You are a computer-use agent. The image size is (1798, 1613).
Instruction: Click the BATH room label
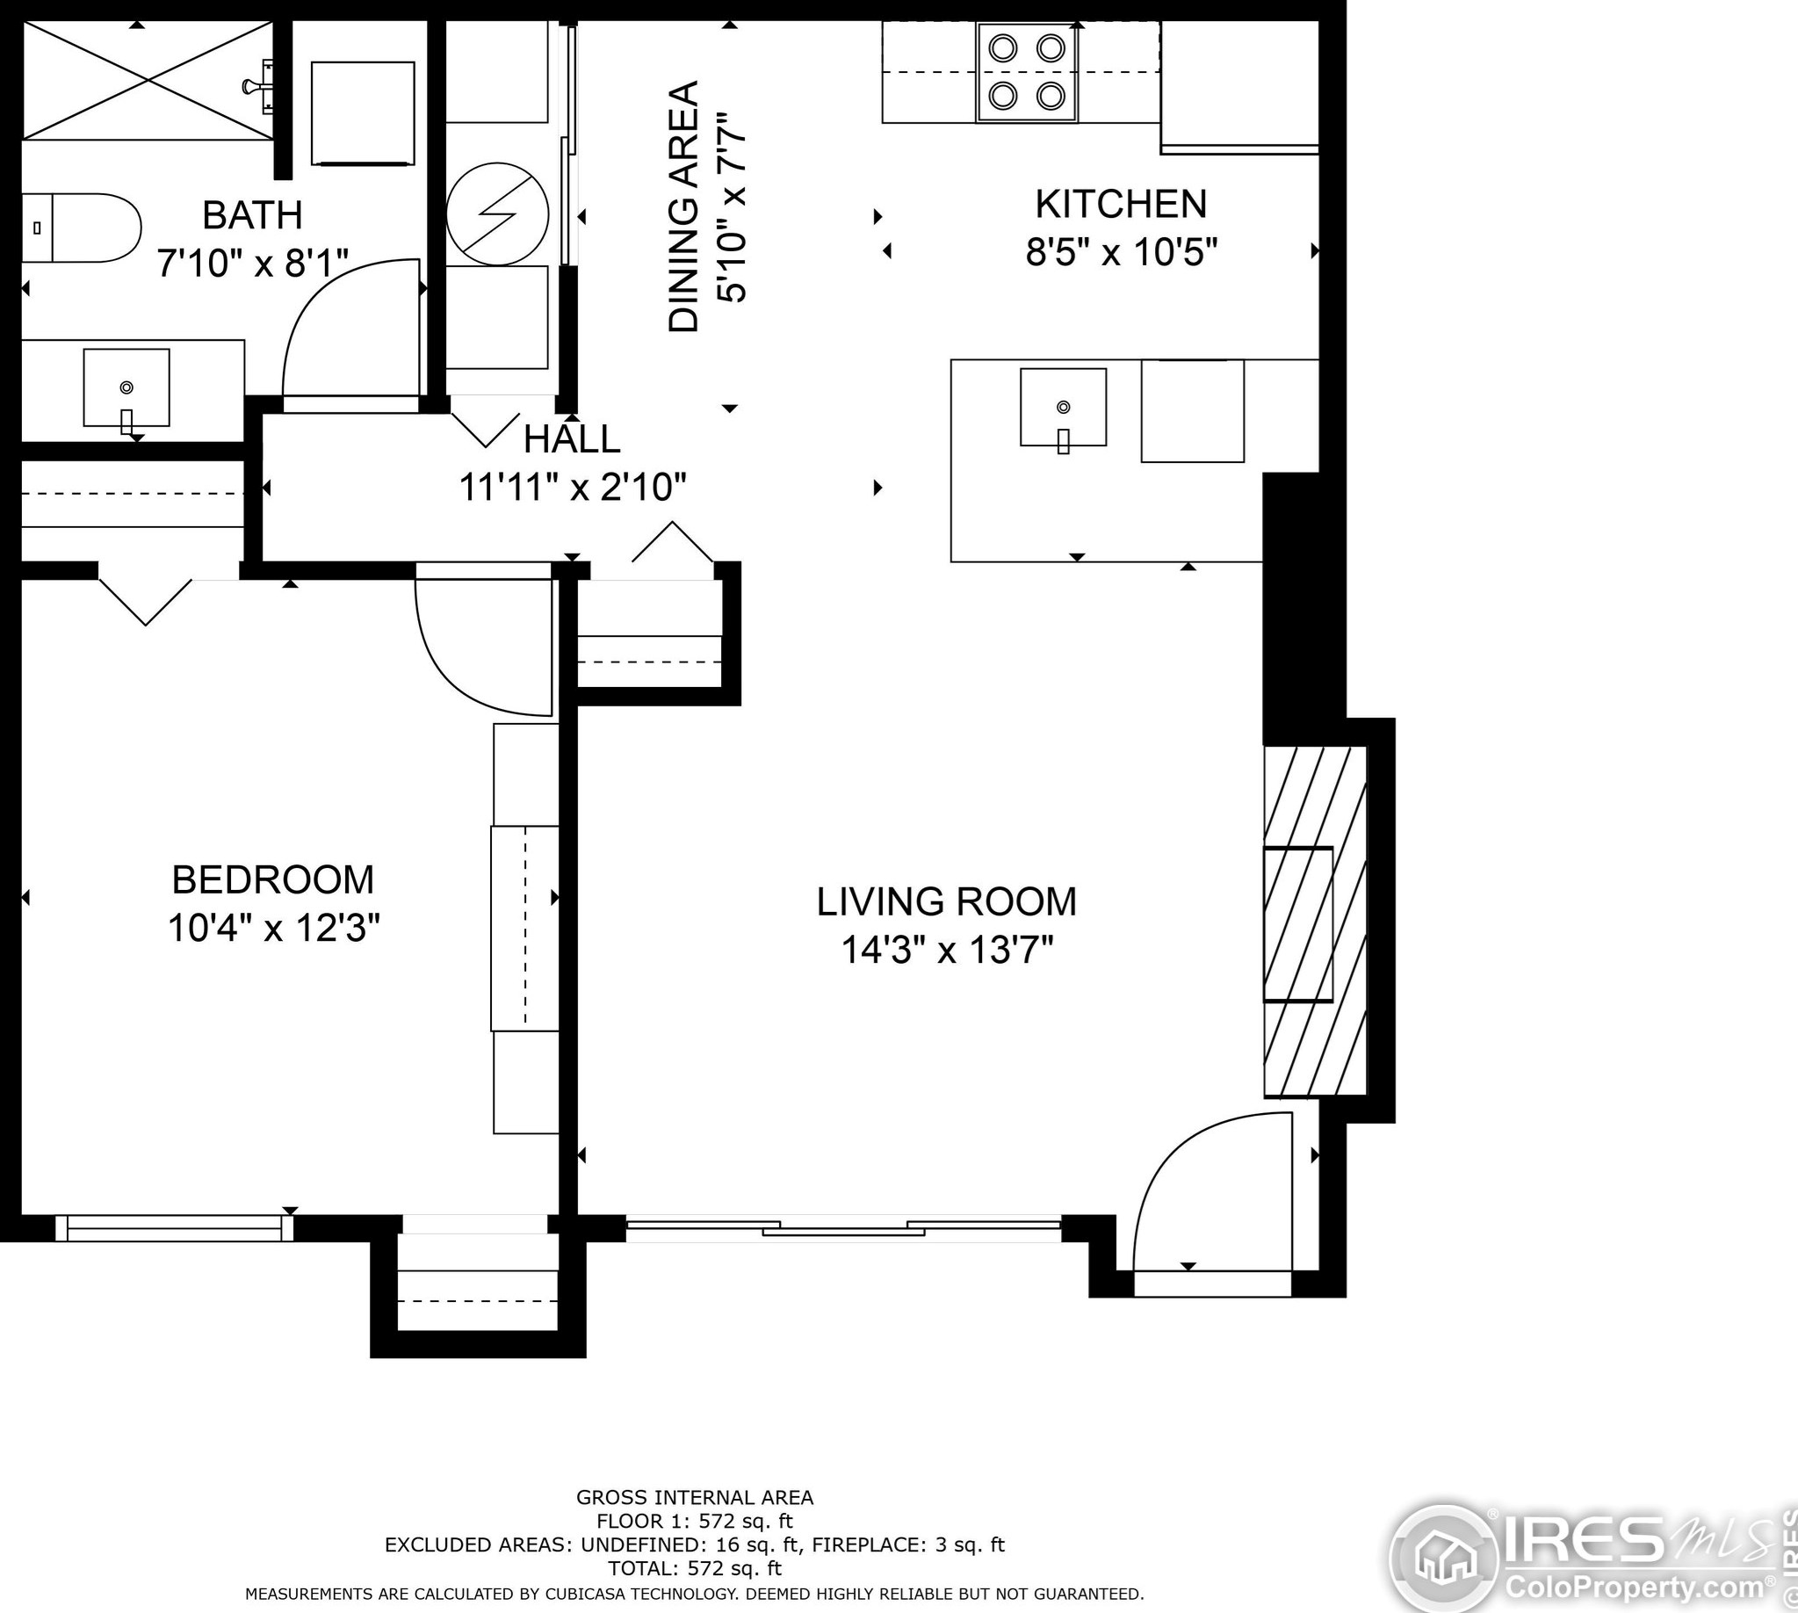click(x=253, y=215)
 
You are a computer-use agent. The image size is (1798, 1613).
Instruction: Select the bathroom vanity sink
click(x=126, y=388)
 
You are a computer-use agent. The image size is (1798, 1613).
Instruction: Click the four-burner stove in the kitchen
click(x=1027, y=72)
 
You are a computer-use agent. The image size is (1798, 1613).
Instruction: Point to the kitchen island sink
click(x=1064, y=408)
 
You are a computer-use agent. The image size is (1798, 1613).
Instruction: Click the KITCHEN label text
click(x=1121, y=204)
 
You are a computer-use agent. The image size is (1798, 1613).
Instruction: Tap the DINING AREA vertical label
click(x=683, y=207)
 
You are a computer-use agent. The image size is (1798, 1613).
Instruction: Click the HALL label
click(x=572, y=439)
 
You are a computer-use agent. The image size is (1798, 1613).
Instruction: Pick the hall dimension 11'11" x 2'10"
click(x=573, y=488)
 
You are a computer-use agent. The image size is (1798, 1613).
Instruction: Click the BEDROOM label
click(x=273, y=880)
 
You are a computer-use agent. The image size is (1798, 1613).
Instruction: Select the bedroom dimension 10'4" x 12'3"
click(x=274, y=929)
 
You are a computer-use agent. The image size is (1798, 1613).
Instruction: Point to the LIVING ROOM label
click(x=946, y=901)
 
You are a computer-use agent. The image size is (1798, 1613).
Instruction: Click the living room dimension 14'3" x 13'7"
click(x=946, y=951)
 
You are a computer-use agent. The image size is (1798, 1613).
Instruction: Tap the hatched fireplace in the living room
click(x=1315, y=922)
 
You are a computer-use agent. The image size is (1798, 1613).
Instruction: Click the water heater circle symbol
click(x=497, y=213)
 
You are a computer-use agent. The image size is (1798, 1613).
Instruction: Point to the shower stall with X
click(x=148, y=80)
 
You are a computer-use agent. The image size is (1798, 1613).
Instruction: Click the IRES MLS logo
click(x=1586, y=1557)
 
